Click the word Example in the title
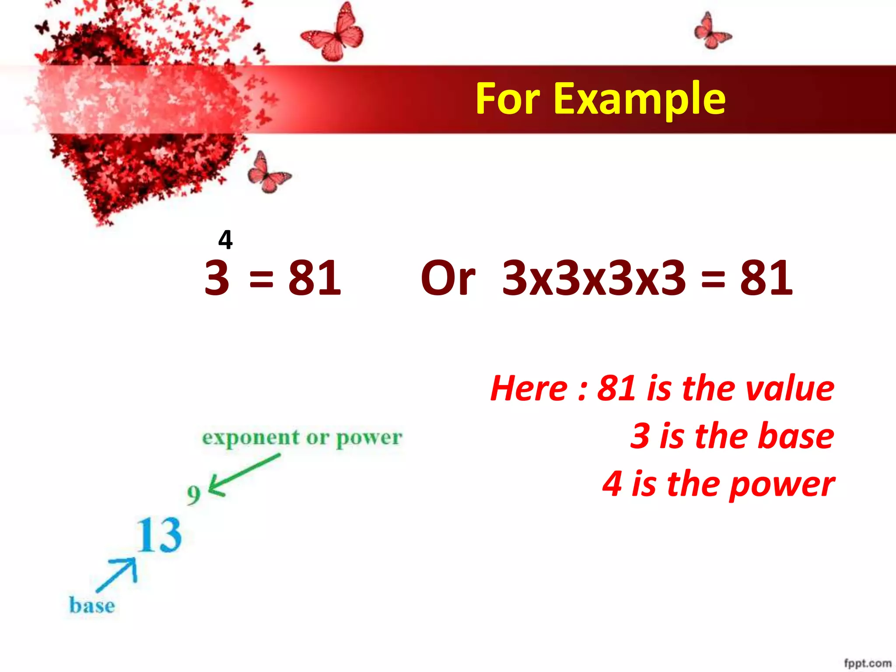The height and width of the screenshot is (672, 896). coord(640,100)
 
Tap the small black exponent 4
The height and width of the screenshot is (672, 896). coord(225,240)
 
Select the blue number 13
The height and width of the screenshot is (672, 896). coord(159,535)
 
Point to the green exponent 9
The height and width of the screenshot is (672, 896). coord(193,495)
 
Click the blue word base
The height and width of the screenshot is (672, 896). coord(92,606)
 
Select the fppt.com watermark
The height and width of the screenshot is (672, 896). coord(867,664)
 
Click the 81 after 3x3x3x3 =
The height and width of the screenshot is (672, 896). coord(766,278)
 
